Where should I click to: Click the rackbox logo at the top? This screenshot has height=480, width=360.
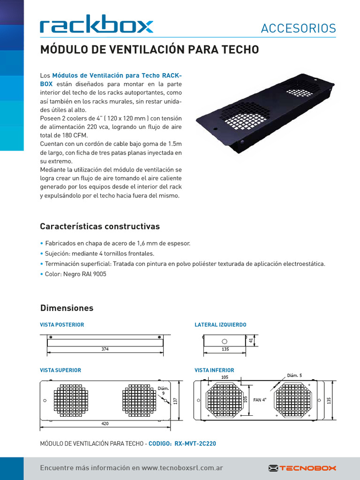pyautogui.click(x=96, y=26)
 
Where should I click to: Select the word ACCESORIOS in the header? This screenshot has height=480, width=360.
pyautogui.click(x=298, y=29)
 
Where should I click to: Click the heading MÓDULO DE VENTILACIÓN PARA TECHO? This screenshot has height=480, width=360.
pyautogui.click(x=150, y=50)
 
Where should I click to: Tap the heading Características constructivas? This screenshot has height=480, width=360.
pyautogui.click(x=100, y=226)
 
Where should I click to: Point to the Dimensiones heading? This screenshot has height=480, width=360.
pyautogui.click(x=67, y=308)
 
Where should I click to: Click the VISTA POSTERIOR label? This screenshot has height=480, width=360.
pyautogui.click(x=62, y=324)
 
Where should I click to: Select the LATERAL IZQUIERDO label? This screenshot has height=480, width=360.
pyautogui.click(x=220, y=324)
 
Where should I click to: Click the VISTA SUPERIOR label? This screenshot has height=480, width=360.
pyautogui.click(x=60, y=370)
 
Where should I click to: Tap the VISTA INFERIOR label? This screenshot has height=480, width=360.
pyautogui.click(x=214, y=370)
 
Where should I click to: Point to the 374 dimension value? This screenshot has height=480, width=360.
pyautogui.click(x=105, y=349)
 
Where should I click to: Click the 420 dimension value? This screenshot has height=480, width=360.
pyautogui.click(x=105, y=423)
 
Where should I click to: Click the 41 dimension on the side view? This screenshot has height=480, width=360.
pyautogui.click(x=251, y=341)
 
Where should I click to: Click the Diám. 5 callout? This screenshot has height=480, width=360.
pyautogui.click(x=294, y=375)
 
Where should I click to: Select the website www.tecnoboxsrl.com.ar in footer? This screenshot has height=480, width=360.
pyautogui.click(x=182, y=468)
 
